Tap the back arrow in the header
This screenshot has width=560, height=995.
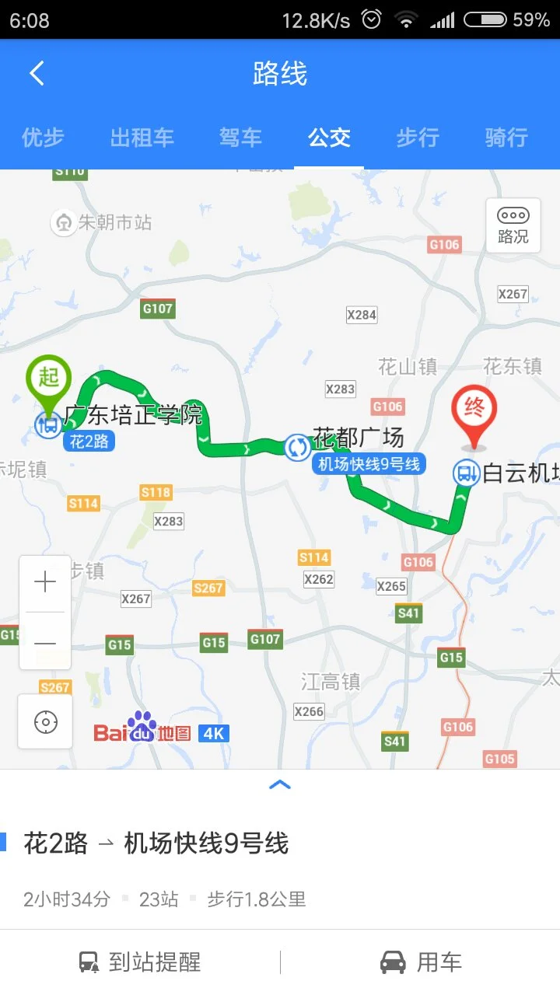pyautogui.click(x=37, y=74)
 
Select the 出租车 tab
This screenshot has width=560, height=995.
pyautogui.click(x=142, y=138)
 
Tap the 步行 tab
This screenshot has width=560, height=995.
pyautogui.click(x=418, y=138)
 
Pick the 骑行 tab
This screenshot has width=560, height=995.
pyautogui.click(x=506, y=138)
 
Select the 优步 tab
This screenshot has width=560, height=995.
pyautogui.click(x=43, y=138)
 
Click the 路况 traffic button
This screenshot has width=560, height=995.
pyautogui.click(x=513, y=225)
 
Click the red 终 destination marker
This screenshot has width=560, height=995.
pyautogui.click(x=474, y=410)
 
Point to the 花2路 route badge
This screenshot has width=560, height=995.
pyautogui.click(x=89, y=442)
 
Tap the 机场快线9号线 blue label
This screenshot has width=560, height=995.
pyautogui.click(x=369, y=464)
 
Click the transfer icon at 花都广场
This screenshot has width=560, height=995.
pyautogui.click(x=297, y=447)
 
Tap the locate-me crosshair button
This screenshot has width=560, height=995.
pyautogui.click(x=45, y=722)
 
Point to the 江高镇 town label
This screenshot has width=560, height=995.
pyautogui.click(x=331, y=682)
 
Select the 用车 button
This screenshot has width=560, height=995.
pyautogui.click(x=421, y=962)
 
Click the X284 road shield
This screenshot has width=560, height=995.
pyautogui.click(x=362, y=315)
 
